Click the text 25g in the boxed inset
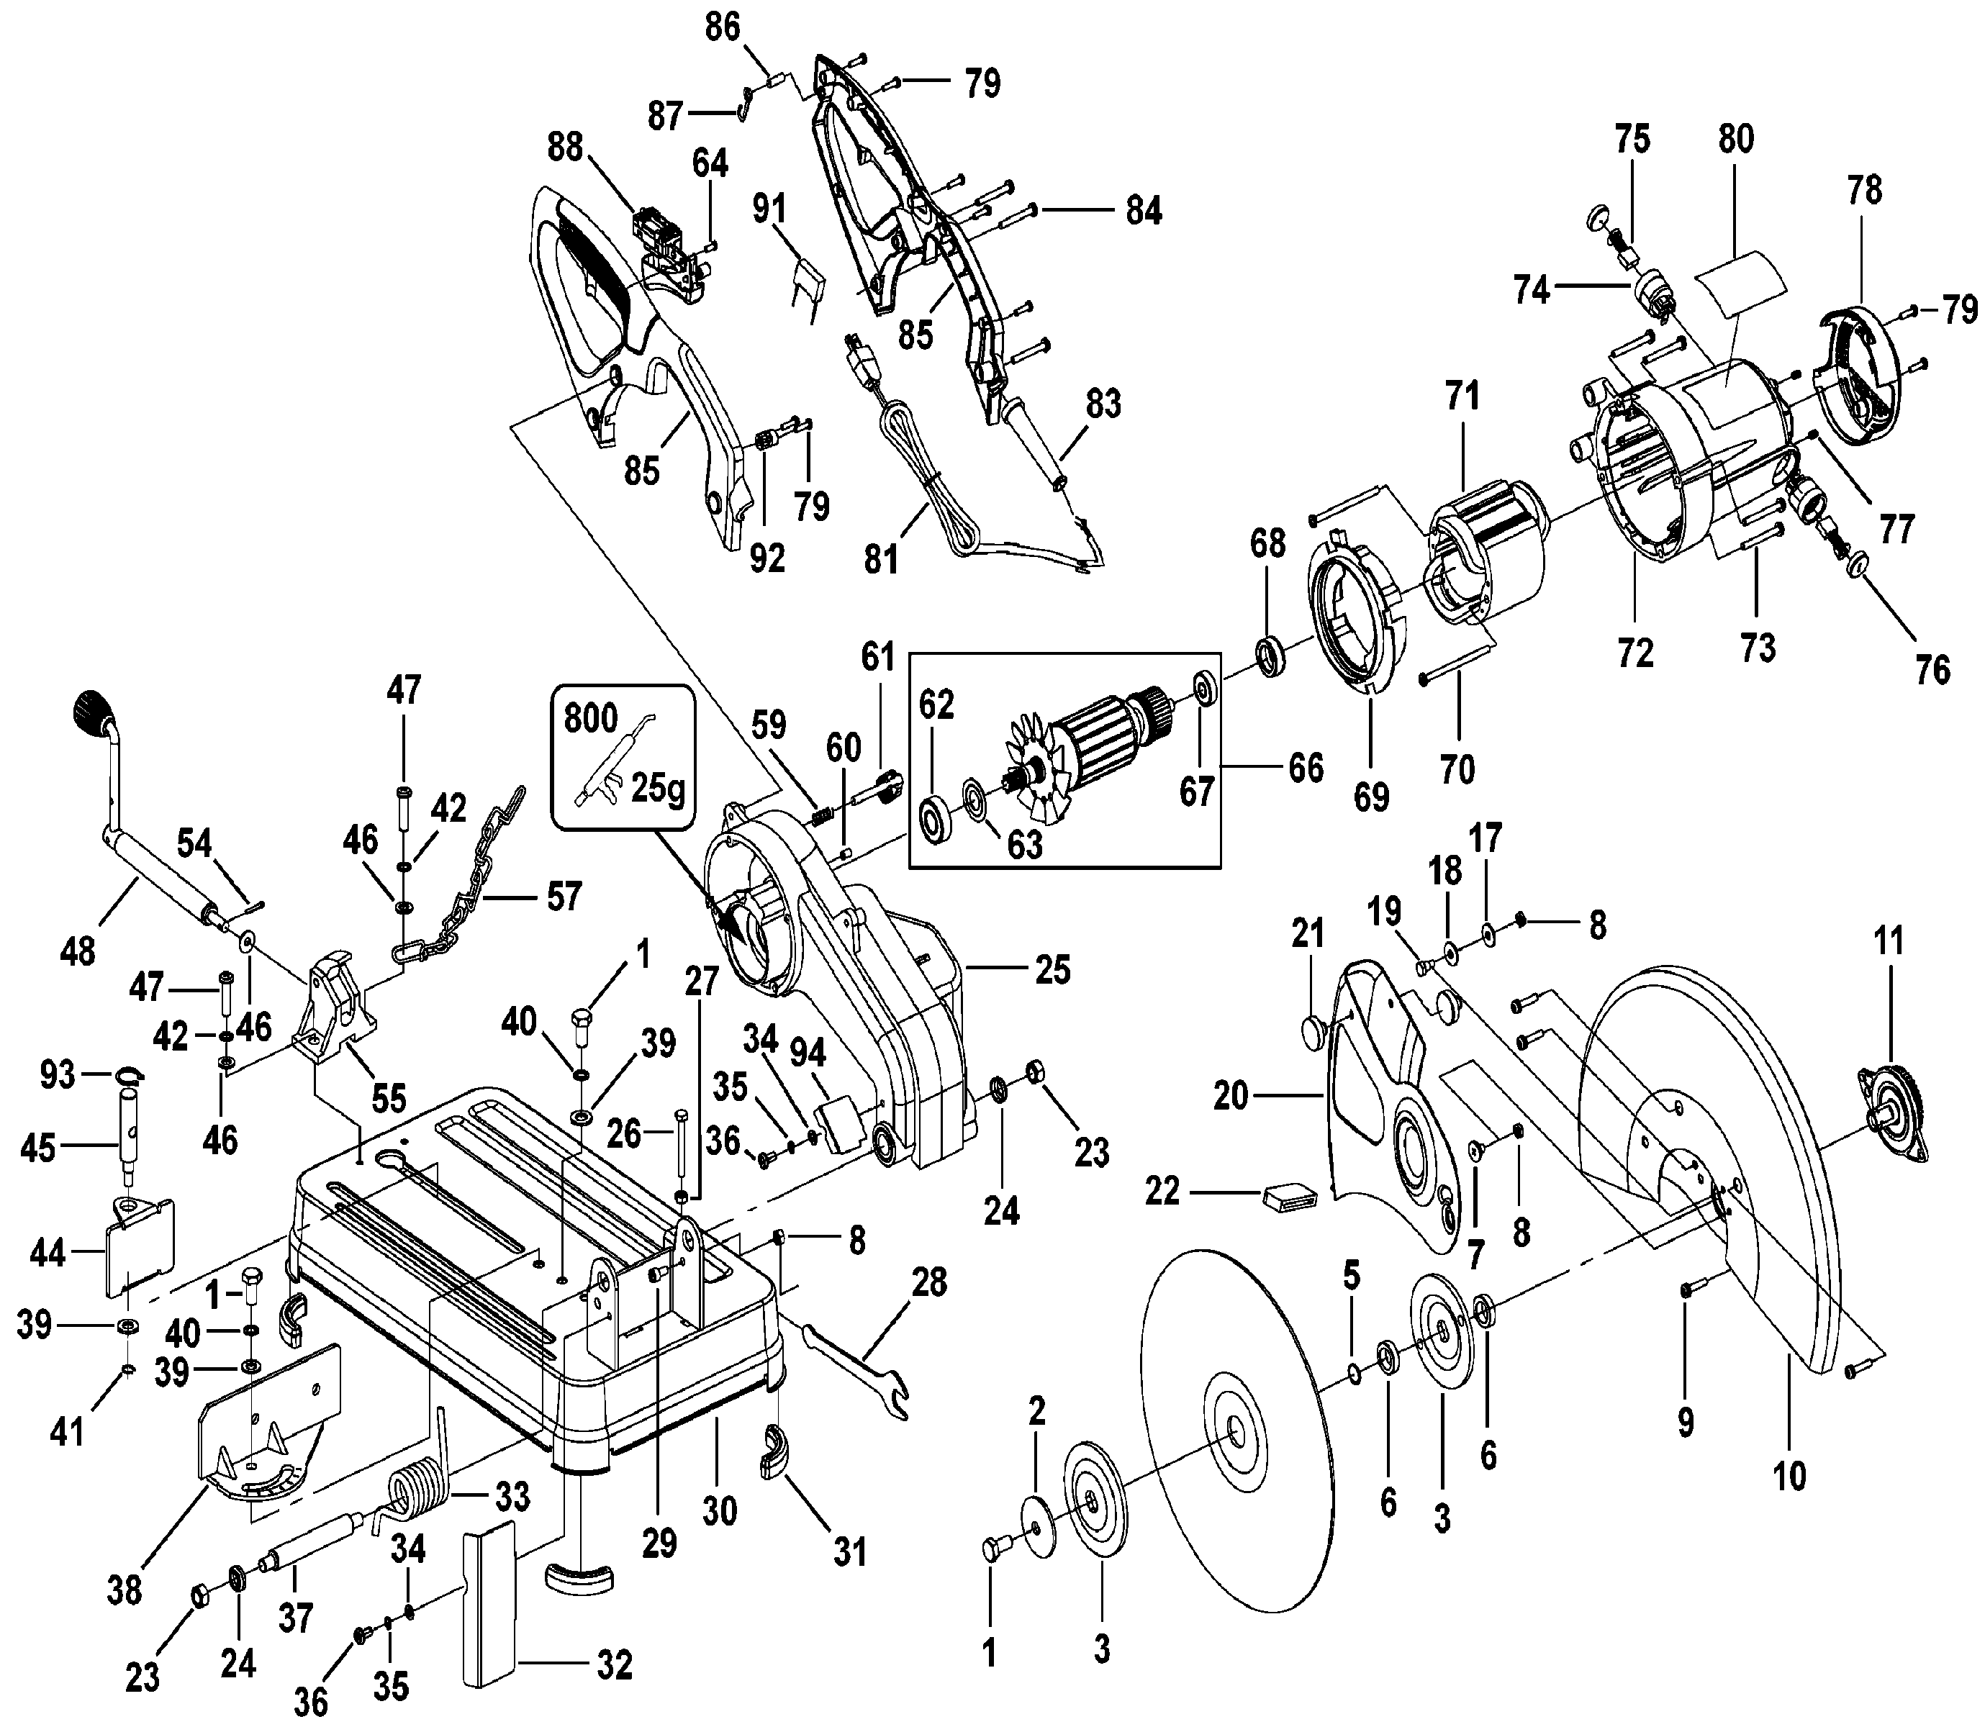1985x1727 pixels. click(x=658, y=789)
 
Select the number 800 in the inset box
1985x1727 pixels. click(x=591, y=718)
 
